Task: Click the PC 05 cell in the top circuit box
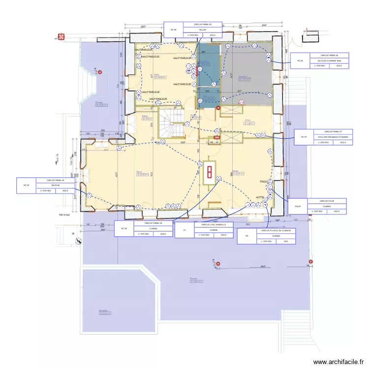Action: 173,30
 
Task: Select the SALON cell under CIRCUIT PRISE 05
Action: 202,30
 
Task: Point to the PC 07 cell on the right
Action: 305,137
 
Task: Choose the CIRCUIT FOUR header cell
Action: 326,201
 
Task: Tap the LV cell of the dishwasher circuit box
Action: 184,230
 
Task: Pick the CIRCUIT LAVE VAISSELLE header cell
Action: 214,224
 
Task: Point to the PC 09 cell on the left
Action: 27,185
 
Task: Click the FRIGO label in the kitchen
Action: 263,182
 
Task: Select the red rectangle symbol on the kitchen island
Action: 209,172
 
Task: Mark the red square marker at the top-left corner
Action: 61,36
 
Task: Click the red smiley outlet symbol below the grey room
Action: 241,102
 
